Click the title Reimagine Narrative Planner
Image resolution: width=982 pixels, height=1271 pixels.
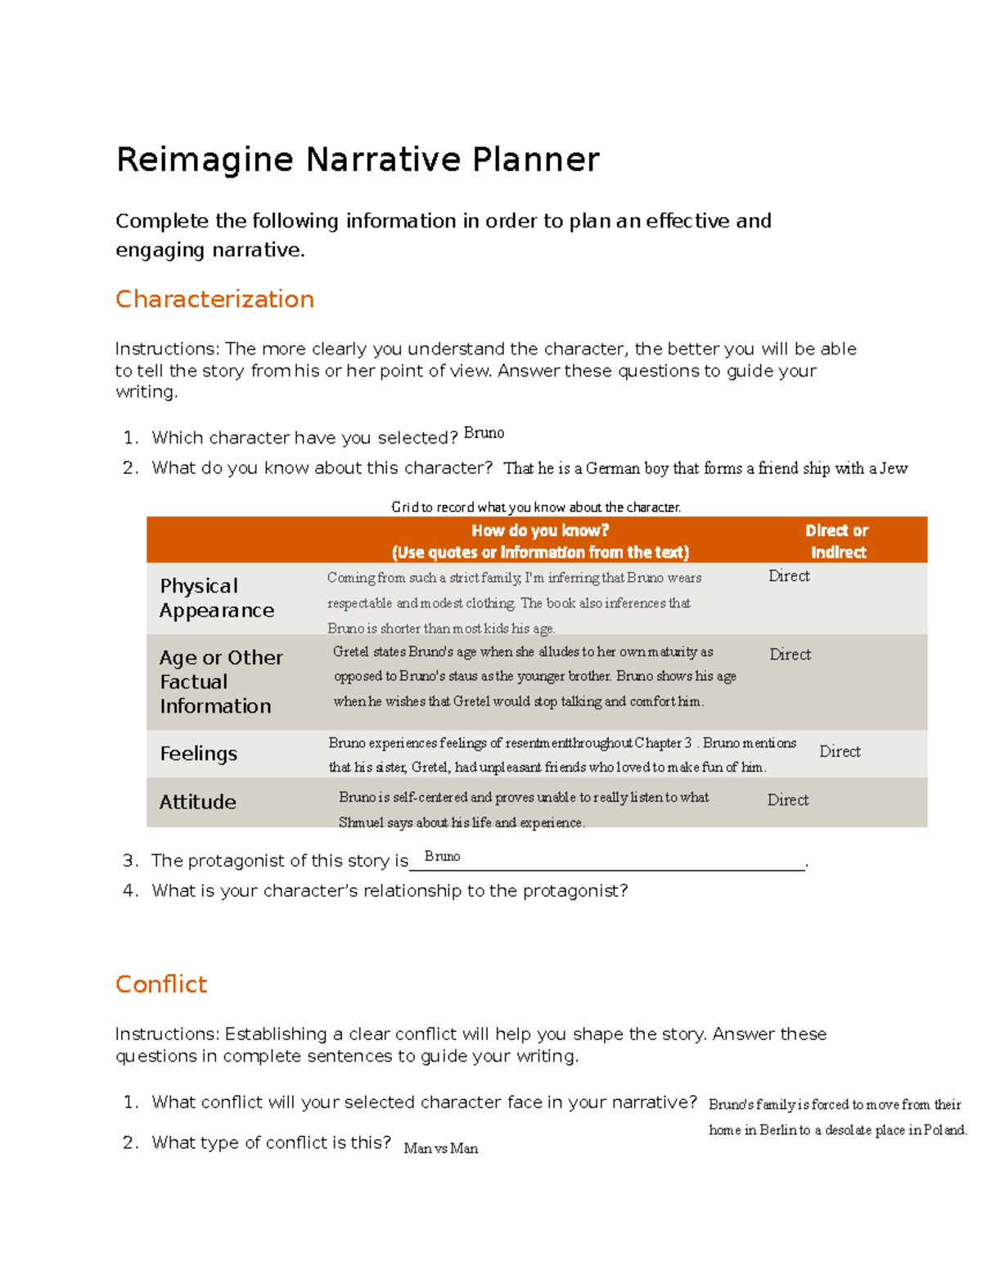point(358,160)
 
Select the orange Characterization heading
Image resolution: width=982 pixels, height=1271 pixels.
point(214,300)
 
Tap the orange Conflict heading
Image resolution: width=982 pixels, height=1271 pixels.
point(161,984)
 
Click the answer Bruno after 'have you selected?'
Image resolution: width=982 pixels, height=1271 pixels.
point(484,433)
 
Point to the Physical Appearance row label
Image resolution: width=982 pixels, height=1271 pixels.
point(217,598)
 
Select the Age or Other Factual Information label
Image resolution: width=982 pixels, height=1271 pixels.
point(221,682)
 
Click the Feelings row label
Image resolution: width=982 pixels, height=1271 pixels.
point(198,754)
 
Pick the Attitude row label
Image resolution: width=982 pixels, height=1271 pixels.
point(197,802)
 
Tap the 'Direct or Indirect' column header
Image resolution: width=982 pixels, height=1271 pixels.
point(837,541)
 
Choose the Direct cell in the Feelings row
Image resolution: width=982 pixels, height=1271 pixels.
point(840,751)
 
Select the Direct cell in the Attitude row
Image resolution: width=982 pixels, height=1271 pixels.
point(787,800)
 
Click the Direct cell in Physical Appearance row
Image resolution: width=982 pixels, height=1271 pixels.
point(789,576)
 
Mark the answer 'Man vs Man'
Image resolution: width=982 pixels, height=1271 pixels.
point(441,1148)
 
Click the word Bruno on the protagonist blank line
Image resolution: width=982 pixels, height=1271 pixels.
point(442,856)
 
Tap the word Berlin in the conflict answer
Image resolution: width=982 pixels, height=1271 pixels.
point(777,1130)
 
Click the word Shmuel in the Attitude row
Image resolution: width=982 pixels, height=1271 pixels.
point(361,823)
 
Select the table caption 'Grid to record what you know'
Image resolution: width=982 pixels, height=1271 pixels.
point(536,507)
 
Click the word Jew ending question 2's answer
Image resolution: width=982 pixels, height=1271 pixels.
point(893,468)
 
